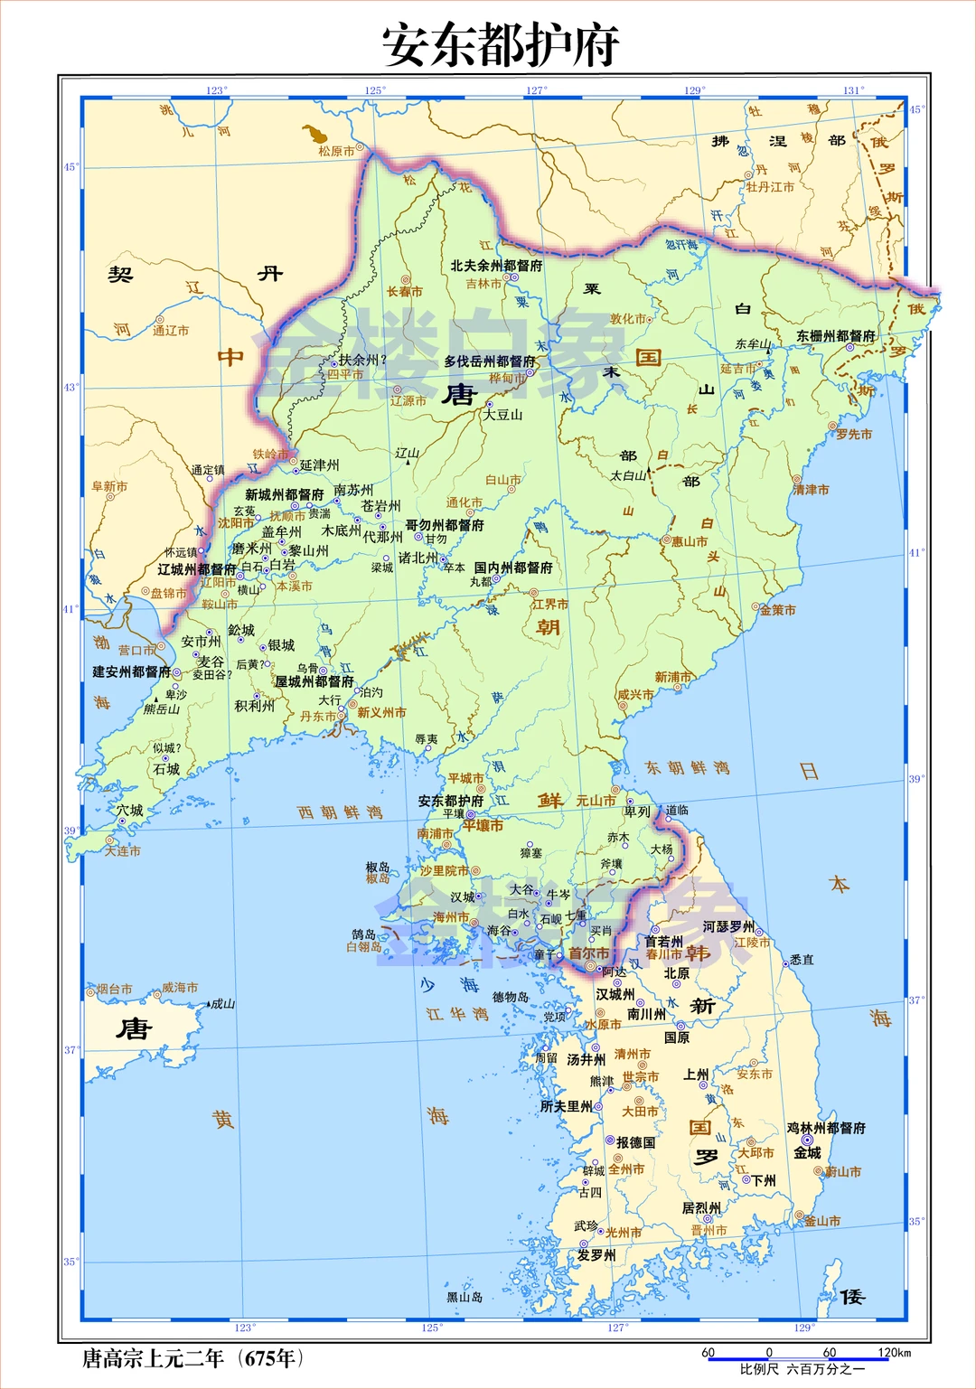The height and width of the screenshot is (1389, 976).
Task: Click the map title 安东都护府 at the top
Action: (500, 45)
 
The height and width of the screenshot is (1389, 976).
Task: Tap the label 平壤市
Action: (483, 826)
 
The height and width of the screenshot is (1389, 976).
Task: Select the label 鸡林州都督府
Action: (826, 1128)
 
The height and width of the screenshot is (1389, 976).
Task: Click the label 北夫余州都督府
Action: (497, 266)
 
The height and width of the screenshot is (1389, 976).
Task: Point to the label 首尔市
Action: (588, 953)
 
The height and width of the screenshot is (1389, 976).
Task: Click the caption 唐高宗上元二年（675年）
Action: (192, 1358)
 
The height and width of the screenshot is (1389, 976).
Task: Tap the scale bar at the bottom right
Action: (809, 1358)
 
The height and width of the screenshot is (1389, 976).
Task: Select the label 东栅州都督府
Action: (836, 336)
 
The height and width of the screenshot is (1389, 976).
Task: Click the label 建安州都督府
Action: (132, 671)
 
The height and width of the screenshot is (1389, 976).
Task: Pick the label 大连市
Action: (123, 850)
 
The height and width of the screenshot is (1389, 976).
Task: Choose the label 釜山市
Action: (822, 1221)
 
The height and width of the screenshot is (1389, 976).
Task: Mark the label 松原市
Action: (336, 151)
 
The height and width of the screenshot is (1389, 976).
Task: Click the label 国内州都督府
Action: (513, 568)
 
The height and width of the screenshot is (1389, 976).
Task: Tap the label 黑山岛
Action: (465, 1297)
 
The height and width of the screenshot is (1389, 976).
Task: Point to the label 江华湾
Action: (458, 1014)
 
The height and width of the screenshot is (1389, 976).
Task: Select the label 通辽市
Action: (171, 331)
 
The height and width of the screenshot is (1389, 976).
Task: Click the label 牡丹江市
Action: (770, 187)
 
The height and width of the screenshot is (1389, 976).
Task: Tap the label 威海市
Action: (180, 988)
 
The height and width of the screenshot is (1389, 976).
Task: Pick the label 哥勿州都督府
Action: (445, 525)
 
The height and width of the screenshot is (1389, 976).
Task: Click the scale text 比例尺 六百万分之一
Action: (802, 1369)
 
